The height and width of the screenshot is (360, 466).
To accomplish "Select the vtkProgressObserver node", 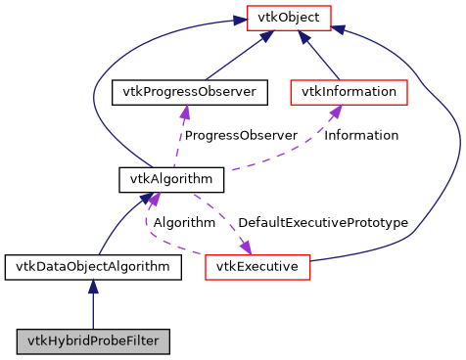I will (x=190, y=92).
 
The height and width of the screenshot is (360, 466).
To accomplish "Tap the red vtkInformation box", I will (x=349, y=92).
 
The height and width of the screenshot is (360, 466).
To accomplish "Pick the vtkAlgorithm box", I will (x=158, y=179).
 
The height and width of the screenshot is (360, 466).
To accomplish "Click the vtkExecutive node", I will (x=257, y=266).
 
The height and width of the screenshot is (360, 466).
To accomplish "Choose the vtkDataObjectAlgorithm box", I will (x=91, y=266).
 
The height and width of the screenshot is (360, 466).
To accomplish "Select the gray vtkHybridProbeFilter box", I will (x=93, y=341).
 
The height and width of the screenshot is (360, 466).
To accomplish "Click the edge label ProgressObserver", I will (x=241, y=135).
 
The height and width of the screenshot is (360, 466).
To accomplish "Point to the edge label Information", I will (x=361, y=135).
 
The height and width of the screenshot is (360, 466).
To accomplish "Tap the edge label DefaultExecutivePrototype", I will (x=323, y=223).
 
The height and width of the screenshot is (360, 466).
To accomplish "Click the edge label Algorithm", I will (x=184, y=223).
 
